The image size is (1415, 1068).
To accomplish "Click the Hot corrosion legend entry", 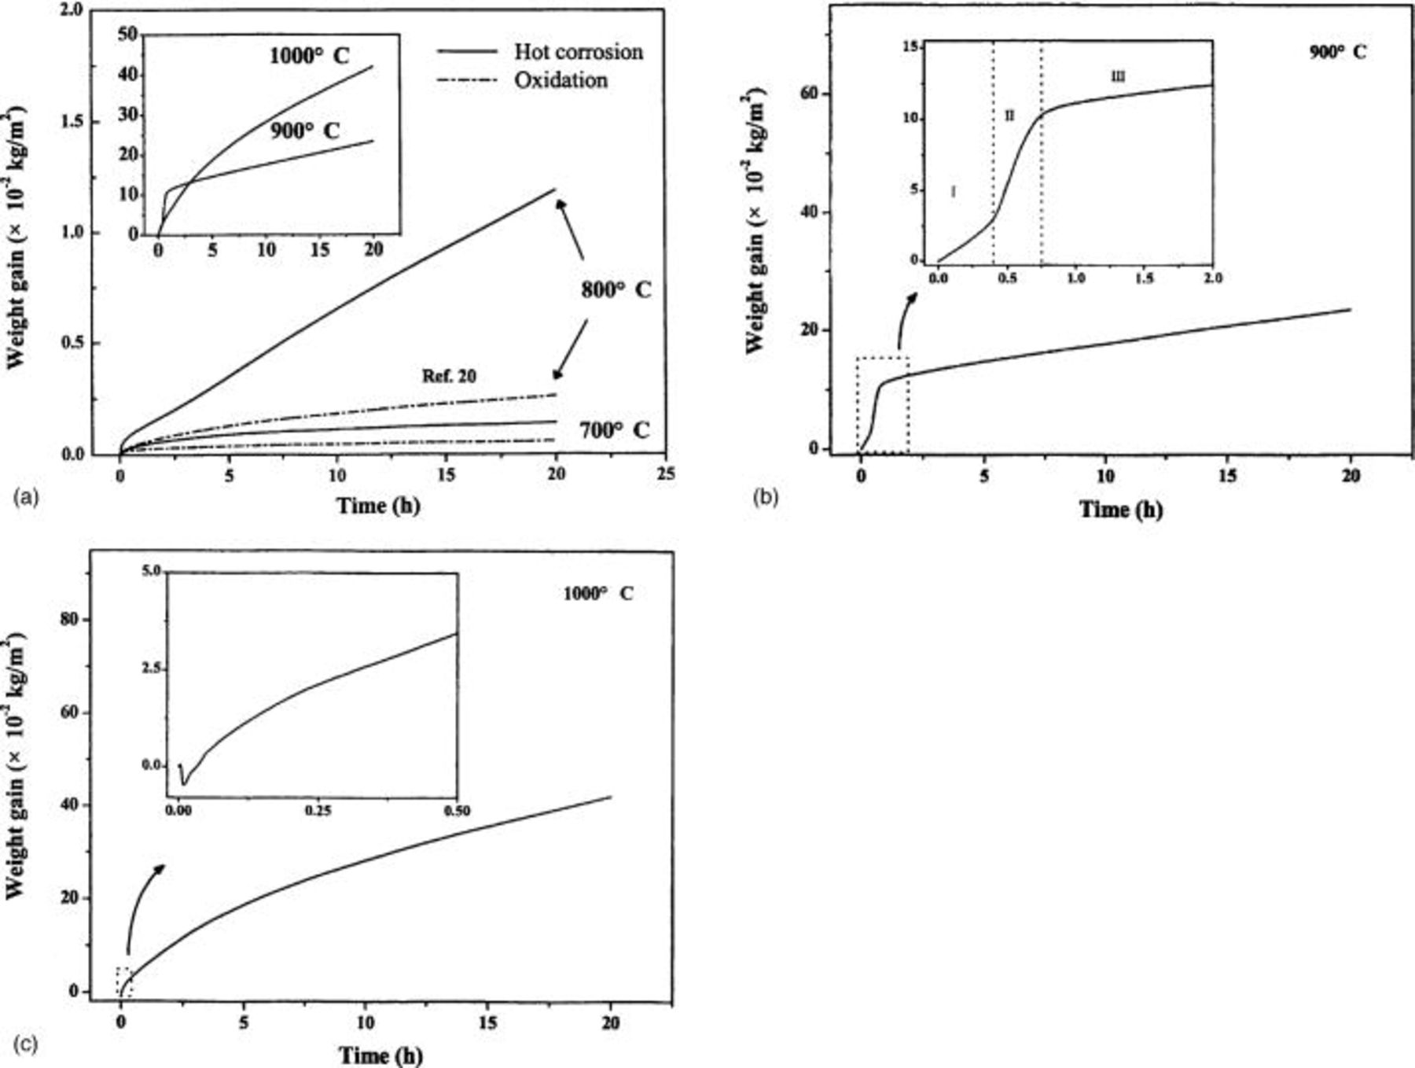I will coord(578,52).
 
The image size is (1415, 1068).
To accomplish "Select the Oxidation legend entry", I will coord(560,80).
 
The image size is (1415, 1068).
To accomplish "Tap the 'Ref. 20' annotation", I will coord(449,376).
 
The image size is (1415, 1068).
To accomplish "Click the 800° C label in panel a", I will coord(616,289).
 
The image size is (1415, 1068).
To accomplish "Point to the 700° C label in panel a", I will coord(615,430).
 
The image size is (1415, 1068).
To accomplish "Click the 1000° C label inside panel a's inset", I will coord(309,56).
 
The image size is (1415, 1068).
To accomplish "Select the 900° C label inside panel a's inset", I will coord(305,131).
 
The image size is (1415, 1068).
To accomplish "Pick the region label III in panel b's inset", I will coord(1118,76).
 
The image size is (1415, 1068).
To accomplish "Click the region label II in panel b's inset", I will coord(1009,116).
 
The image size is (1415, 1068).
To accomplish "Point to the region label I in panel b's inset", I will coord(953,190).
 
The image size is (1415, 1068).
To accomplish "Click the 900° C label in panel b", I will coord(1337,52).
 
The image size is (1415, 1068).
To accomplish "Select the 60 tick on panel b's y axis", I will coord(807,94).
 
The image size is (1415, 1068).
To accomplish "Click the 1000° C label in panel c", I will coord(597,594).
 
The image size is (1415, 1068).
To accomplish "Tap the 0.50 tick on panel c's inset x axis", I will coord(457,811).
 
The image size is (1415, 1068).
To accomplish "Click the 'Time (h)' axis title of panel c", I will coord(380,1055).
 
